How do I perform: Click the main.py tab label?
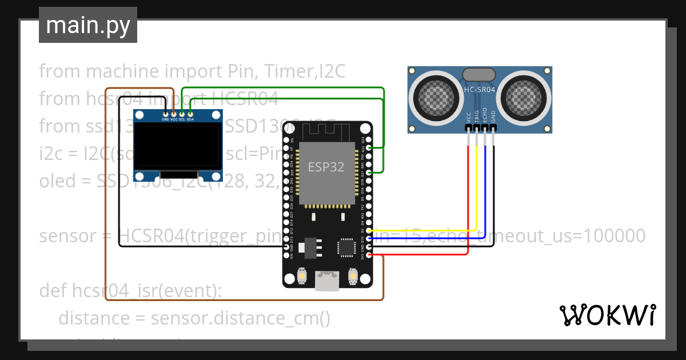[87, 25]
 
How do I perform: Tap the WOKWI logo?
[607, 315]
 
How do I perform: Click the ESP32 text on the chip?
[326, 167]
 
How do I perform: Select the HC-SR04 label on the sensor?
[479, 90]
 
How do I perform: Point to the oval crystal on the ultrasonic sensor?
[479, 74]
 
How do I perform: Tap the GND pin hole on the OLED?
[165, 113]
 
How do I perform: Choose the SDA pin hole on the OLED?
[190, 113]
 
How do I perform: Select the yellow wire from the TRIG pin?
[477, 189]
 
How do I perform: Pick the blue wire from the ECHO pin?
[485, 189]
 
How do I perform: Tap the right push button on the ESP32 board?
[353, 277]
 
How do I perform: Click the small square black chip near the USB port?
[346, 247]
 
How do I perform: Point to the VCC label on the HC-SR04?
[469, 117]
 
